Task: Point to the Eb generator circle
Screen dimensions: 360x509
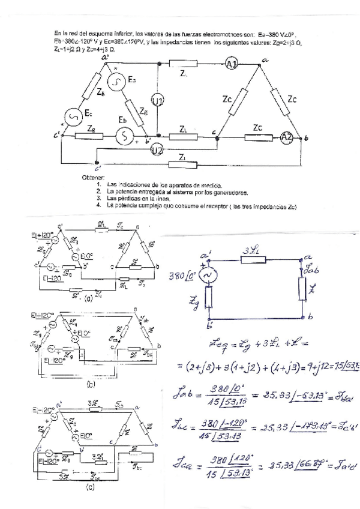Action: point(125,137)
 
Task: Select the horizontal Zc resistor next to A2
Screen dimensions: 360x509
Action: point(257,137)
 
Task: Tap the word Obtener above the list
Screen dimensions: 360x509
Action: point(92,178)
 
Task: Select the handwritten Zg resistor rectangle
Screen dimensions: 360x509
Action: point(208,298)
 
